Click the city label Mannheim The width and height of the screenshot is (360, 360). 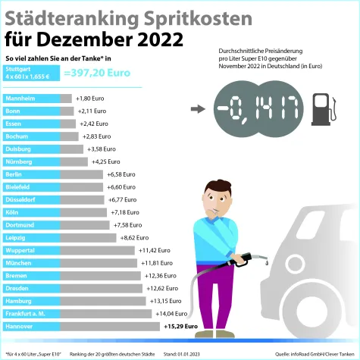pos(21,99)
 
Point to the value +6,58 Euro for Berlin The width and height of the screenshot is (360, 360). pos(120,174)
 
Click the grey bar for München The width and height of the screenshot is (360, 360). pos(99,263)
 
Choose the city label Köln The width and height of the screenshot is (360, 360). pos(14,212)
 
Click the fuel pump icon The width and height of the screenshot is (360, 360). pos(321,108)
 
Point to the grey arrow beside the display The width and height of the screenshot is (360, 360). pos(198,108)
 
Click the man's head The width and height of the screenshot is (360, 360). pos(215,199)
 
